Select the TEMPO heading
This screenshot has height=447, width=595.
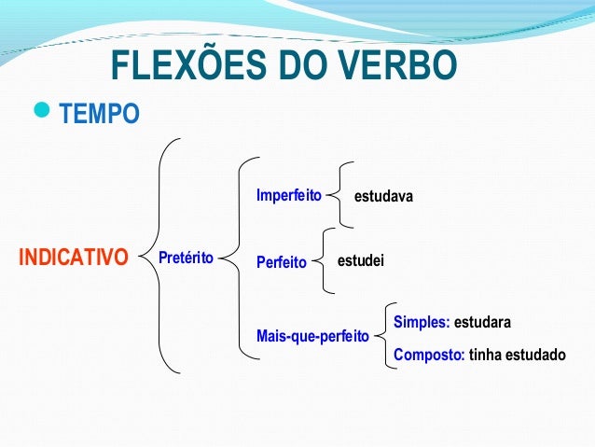100,115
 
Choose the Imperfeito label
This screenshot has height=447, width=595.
288,196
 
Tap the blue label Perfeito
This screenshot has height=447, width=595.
281,263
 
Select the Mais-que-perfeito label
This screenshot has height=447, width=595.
312,334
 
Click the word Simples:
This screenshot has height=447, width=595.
422,322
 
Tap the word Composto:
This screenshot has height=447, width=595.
429,355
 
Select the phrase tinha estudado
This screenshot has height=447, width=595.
517,355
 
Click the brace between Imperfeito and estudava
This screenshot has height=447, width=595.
342,196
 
